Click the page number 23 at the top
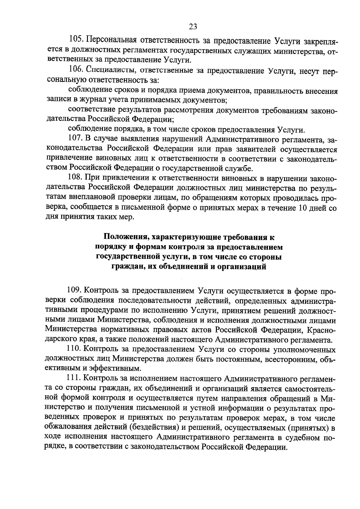[193, 27]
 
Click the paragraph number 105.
[76, 40]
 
